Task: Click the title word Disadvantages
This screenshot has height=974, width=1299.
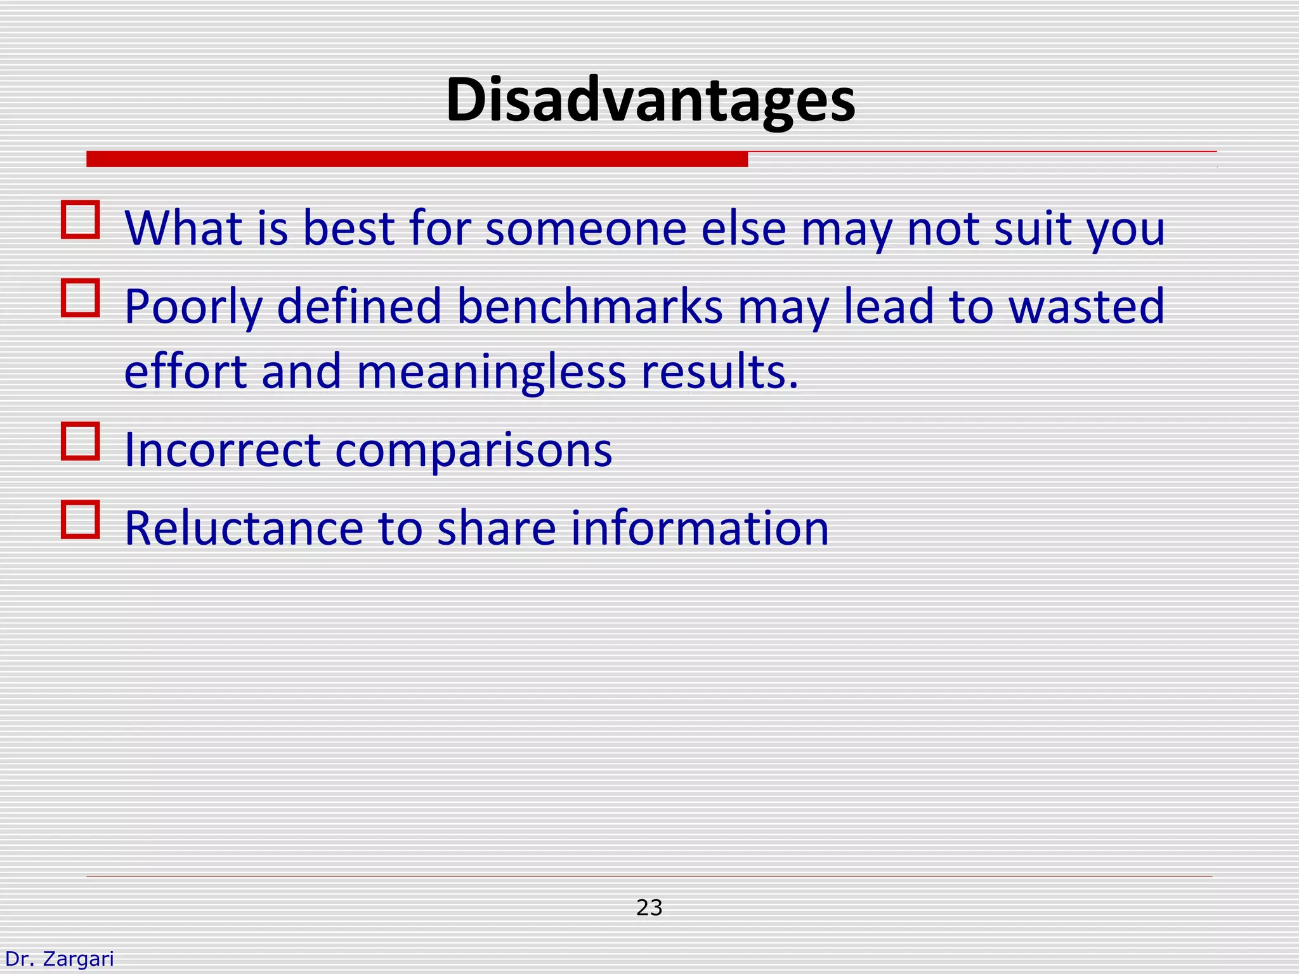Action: pyautogui.click(x=650, y=101)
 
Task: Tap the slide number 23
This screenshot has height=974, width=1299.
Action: pyautogui.click(x=649, y=907)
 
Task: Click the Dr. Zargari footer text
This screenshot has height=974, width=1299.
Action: pyautogui.click(x=59, y=958)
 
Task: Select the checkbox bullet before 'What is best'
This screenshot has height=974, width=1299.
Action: pyautogui.click(x=81, y=220)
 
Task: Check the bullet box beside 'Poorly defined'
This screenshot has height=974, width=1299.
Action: pyautogui.click(x=81, y=298)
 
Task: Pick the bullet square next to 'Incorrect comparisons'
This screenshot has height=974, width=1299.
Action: pyautogui.click(x=81, y=441)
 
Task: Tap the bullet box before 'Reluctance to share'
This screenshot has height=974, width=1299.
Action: pyautogui.click(x=81, y=519)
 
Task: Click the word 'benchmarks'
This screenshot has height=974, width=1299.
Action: pyautogui.click(x=589, y=306)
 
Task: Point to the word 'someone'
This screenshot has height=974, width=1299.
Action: pyautogui.click(x=585, y=228)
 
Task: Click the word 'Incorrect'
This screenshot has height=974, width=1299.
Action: pyautogui.click(x=222, y=450)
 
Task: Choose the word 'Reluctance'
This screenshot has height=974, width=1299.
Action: pyautogui.click(x=244, y=528)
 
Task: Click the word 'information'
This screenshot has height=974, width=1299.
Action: pyautogui.click(x=700, y=528)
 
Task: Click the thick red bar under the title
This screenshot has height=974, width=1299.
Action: pyautogui.click(x=417, y=159)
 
